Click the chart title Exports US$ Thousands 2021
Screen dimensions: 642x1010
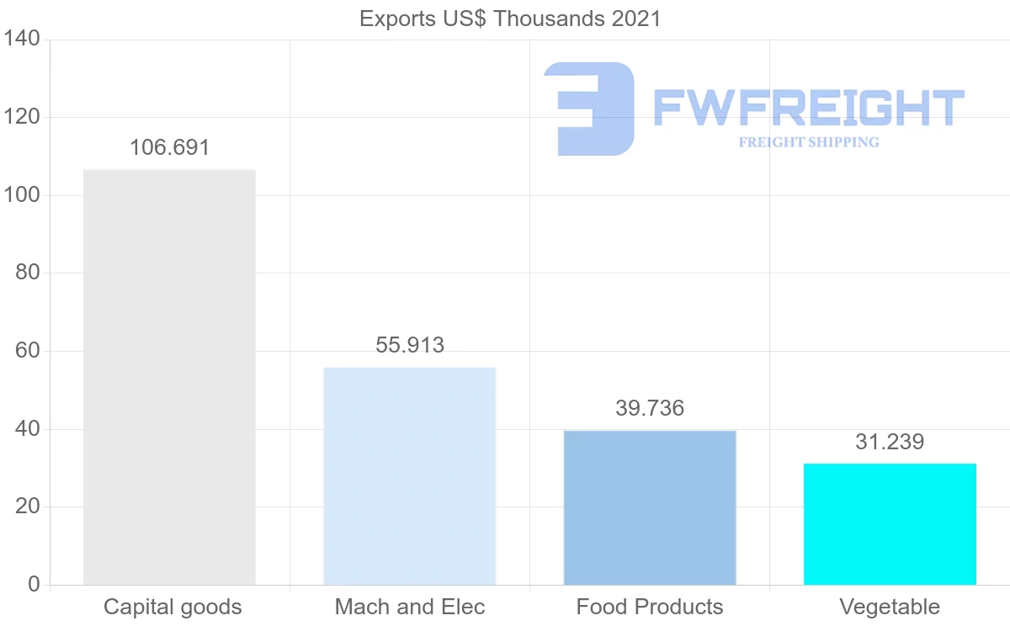point(509,19)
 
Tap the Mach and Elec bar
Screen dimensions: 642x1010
point(409,476)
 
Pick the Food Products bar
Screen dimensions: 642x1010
point(650,507)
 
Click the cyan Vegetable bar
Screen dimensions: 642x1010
point(890,524)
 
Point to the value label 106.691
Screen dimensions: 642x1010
point(169,148)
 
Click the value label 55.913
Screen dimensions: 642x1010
point(410,345)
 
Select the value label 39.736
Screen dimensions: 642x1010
point(650,409)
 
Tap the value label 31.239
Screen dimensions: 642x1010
point(890,443)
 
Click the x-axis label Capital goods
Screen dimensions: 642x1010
point(173,608)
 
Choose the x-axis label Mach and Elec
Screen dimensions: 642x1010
point(410,608)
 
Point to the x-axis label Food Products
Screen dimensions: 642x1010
point(650,608)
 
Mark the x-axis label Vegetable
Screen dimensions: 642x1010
point(890,608)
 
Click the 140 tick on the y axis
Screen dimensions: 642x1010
point(22,40)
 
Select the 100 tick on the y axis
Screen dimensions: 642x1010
point(22,196)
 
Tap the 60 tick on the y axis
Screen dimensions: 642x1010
point(28,352)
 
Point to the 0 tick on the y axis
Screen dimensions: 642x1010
point(34,585)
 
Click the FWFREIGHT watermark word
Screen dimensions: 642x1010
point(808,108)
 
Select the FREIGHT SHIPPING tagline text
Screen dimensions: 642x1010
point(809,142)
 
